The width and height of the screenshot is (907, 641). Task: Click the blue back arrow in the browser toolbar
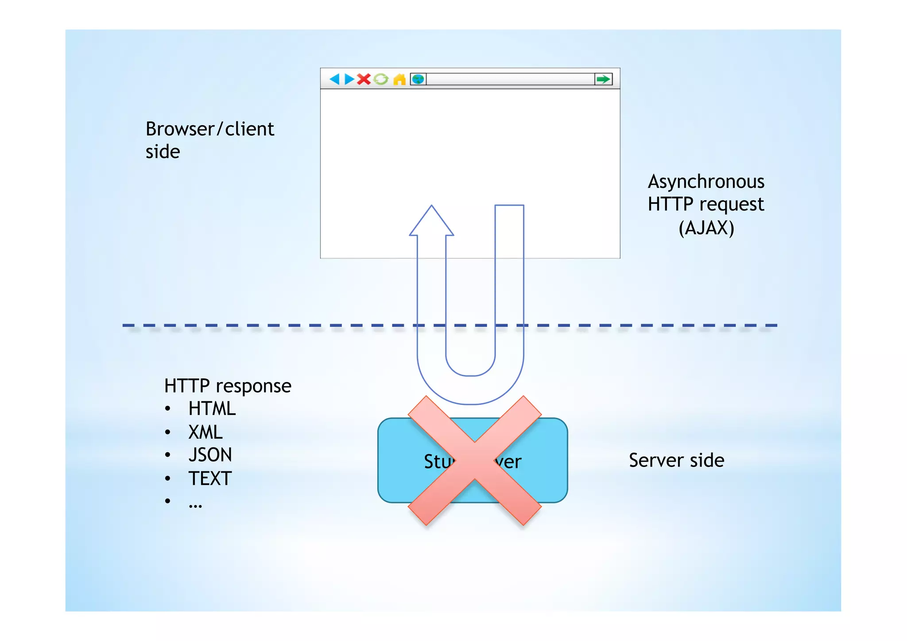(334, 79)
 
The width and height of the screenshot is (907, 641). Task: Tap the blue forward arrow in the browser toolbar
(349, 79)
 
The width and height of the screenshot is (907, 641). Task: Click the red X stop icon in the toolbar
(364, 79)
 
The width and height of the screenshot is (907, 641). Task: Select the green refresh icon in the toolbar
(381, 79)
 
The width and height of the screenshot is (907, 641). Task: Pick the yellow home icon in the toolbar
(399, 79)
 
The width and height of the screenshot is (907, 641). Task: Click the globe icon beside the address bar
(418, 79)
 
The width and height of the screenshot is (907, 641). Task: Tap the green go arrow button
(603, 79)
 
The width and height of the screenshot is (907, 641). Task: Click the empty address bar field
(509, 79)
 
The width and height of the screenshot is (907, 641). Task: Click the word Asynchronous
(706, 182)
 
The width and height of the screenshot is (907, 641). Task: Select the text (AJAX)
(706, 228)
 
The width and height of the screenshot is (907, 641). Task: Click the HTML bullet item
(212, 408)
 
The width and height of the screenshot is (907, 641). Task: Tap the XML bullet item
(205, 432)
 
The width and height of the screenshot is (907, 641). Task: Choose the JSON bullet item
(210, 455)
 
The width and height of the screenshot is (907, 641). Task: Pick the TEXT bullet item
(210, 478)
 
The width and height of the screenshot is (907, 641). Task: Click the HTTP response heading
(228, 386)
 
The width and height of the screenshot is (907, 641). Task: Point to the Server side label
(676, 460)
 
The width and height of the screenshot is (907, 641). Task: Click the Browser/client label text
(210, 129)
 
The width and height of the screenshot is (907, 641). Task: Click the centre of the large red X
(474, 461)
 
